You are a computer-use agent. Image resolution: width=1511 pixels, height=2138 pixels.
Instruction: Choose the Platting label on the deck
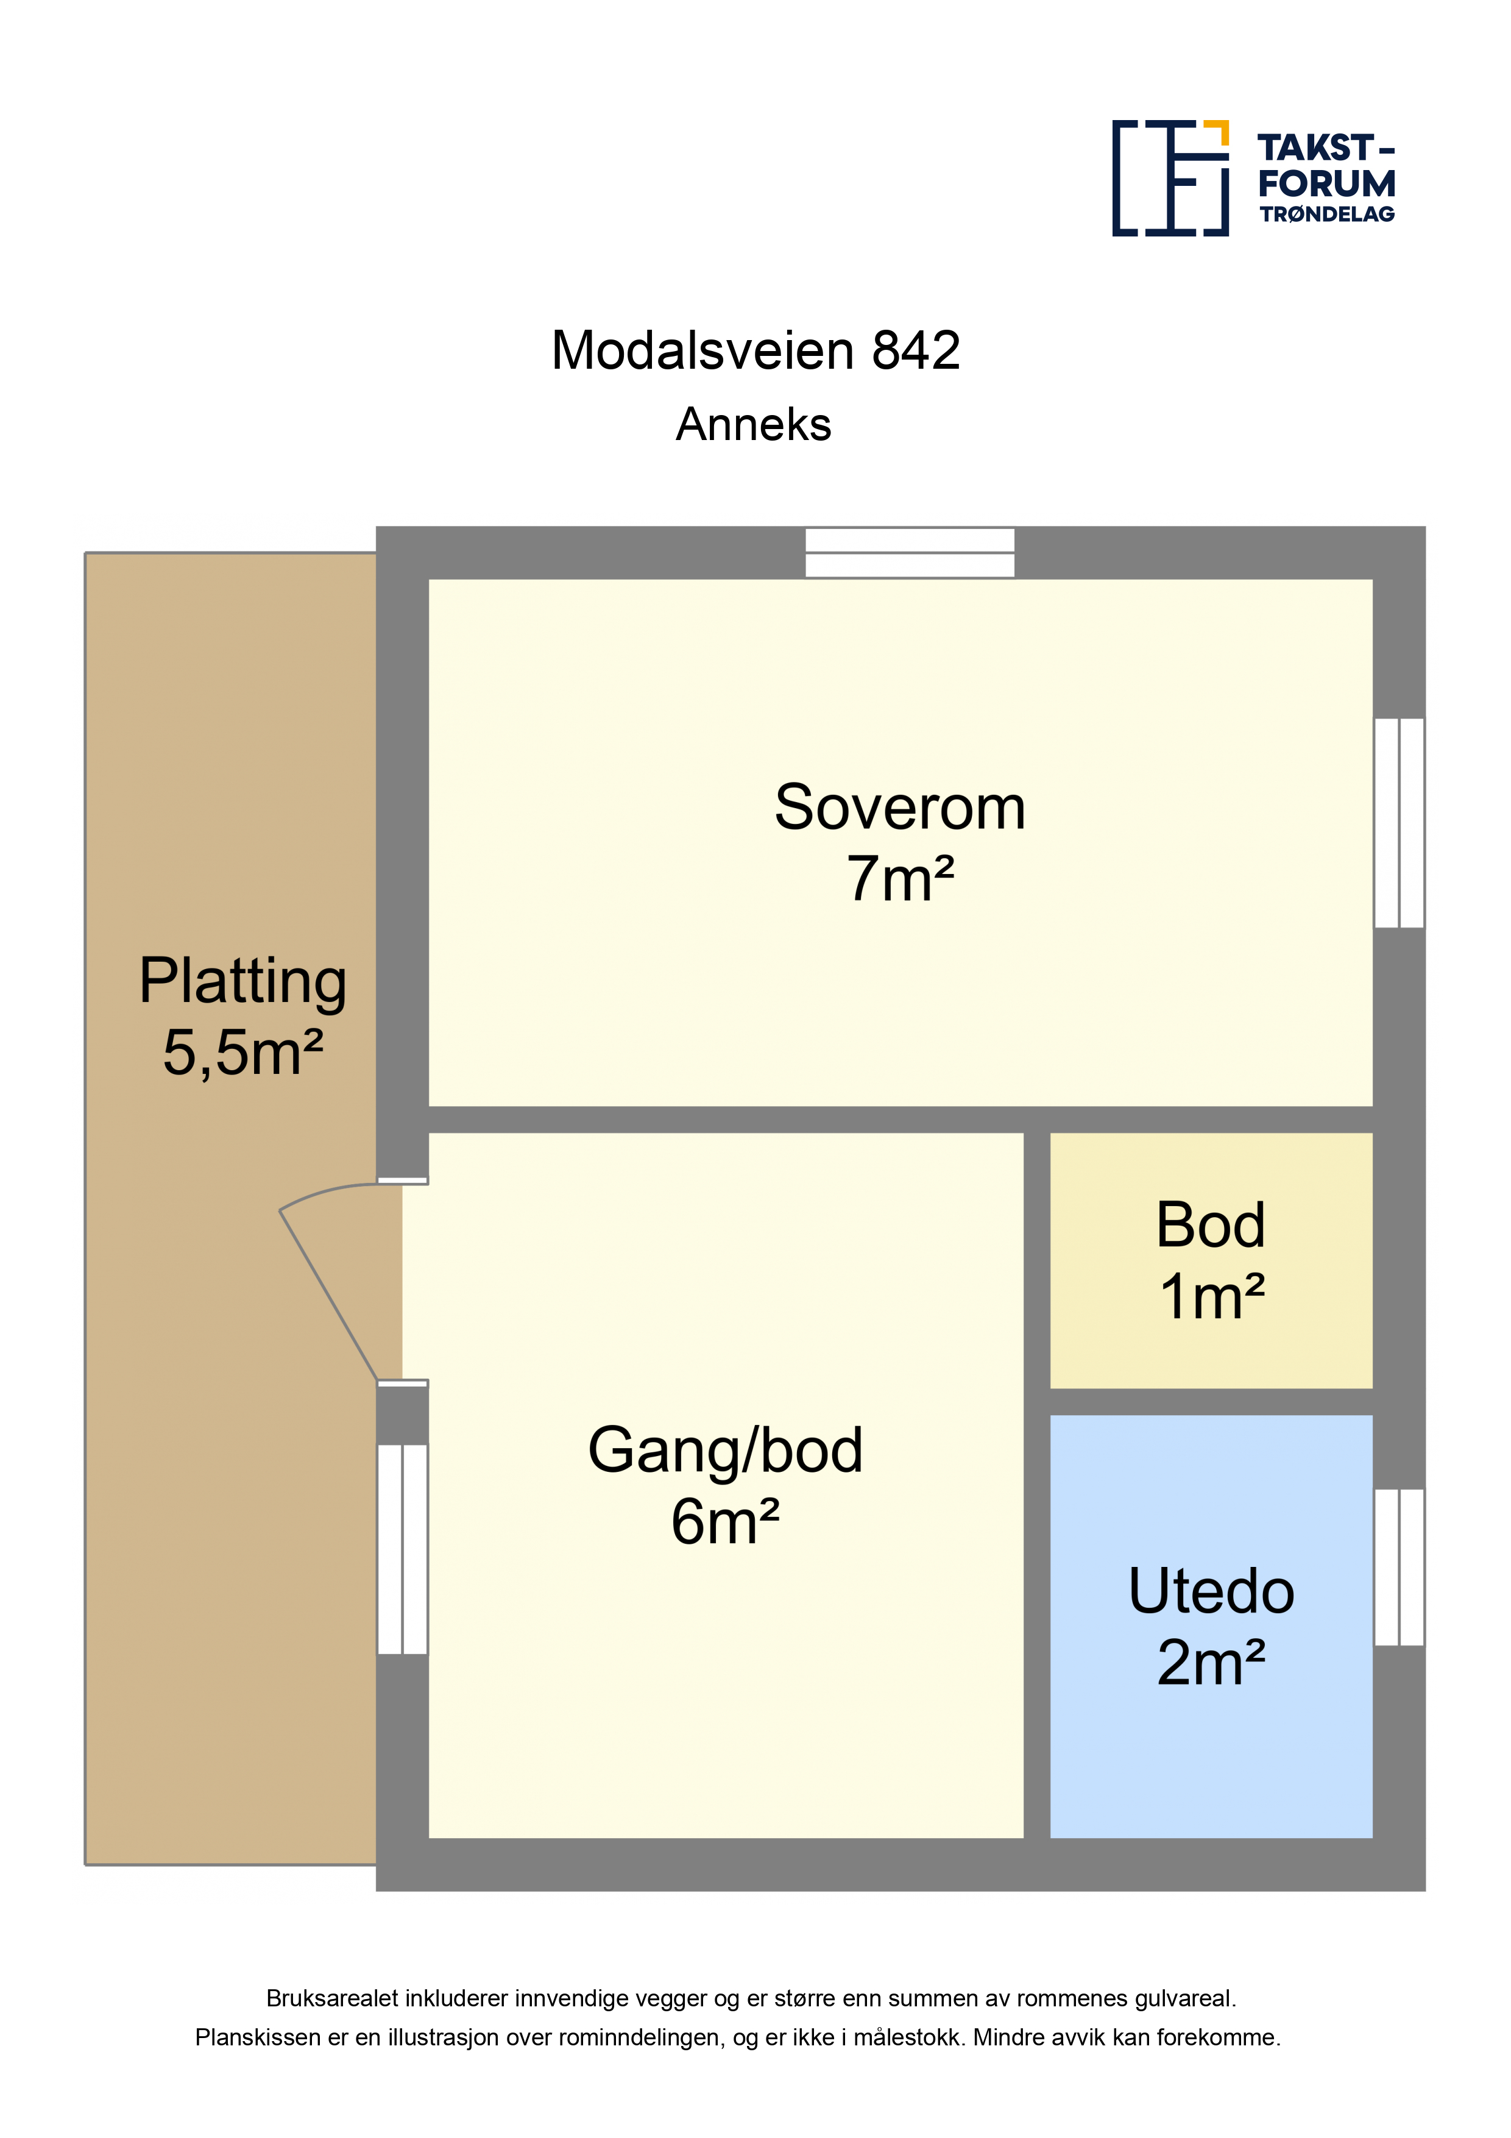(x=243, y=983)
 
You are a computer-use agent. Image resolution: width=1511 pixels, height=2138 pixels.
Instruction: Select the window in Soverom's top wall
(x=910, y=552)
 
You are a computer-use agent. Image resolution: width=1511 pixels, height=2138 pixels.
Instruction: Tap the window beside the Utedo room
(x=1400, y=1567)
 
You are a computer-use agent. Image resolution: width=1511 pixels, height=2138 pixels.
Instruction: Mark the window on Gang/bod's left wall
(x=402, y=1549)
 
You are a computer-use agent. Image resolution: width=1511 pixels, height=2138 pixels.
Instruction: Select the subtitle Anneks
(x=753, y=425)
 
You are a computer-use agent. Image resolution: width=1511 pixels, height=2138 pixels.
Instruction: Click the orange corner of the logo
(x=1216, y=132)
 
